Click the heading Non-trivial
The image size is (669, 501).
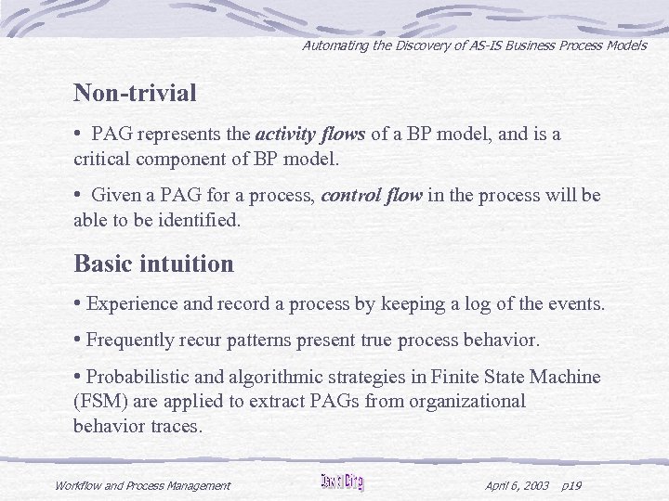135,94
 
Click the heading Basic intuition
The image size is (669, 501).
153,264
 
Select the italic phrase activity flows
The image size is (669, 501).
310,135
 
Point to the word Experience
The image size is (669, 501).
131,303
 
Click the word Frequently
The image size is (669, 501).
130,340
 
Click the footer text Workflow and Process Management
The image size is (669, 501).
142,485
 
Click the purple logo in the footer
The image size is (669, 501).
342,482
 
